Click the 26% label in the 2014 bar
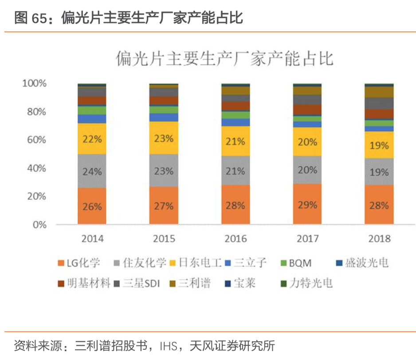click(x=92, y=207)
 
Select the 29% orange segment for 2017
click(x=307, y=205)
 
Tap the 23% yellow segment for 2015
click(x=164, y=138)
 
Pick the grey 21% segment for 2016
click(x=235, y=171)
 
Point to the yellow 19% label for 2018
click(x=379, y=145)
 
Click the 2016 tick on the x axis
click(x=235, y=239)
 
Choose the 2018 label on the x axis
click(x=379, y=239)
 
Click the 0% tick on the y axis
click(x=39, y=225)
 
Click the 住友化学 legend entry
click(x=144, y=263)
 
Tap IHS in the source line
click(x=171, y=345)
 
